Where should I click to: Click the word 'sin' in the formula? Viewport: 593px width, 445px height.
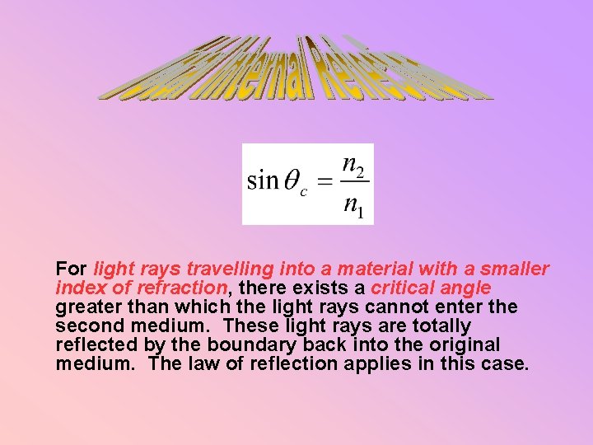tap(263, 180)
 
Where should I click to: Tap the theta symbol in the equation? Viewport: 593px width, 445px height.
tap(292, 181)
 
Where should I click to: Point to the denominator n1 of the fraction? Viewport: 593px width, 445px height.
tap(355, 205)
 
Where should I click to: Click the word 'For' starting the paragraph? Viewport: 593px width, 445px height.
tap(72, 269)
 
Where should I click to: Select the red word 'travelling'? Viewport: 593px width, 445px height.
tap(224, 269)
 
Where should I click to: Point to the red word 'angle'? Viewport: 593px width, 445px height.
tap(467, 288)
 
